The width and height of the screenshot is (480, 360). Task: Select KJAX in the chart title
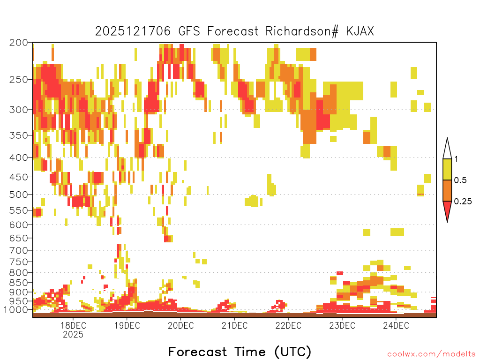click(x=360, y=31)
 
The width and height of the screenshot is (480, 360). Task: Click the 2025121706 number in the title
click(x=133, y=31)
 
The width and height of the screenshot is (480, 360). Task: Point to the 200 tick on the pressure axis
click(x=19, y=43)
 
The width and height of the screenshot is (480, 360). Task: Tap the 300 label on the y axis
click(x=19, y=110)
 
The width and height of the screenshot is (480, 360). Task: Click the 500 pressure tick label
click(x=19, y=195)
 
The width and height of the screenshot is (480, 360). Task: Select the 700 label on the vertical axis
click(x=19, y=250)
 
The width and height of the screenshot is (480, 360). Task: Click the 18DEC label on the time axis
click(x=73, y=325)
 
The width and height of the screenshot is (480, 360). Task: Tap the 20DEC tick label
click(x=180, y=325)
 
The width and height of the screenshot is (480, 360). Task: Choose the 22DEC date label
click(x=288, y=325)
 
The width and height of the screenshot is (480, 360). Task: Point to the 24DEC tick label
click(x=396, y=325)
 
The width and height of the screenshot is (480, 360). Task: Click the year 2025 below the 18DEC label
click(x=73, y=334)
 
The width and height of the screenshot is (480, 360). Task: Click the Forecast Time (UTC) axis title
click(x=240, y=352)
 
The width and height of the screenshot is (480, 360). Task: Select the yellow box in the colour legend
click(x=447, y=169)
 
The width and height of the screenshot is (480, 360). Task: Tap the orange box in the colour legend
click(x=447, y=190)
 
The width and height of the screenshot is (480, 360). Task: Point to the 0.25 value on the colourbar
click(x=463, y=201)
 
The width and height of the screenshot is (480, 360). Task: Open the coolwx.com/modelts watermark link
click(x=431, y=354)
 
